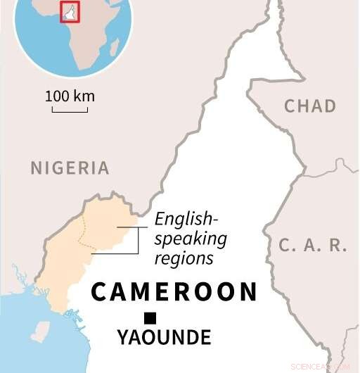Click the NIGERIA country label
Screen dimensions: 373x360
pyautogui.click(x=70, y=168)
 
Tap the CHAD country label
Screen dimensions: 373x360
pyautogui.click(x=309, y=106)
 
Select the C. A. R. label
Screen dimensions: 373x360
pyautogui.click(x=313, y=246)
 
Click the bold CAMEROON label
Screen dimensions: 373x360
pyautogui.click(x=174, y=291)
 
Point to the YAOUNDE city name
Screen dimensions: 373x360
pyautogui.click(x=164, y=339)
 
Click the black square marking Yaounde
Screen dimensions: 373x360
pyautogui.click(x=150, y=317)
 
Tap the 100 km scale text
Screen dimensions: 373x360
pyautogui.click(x=70, y=96)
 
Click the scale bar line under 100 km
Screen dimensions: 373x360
pyautogui.click(x=70, y=109)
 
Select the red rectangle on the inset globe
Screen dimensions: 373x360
pyautogui.click(x=70, y=12)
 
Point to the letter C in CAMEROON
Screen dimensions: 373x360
pyautogui.click(x=99, y=291)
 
